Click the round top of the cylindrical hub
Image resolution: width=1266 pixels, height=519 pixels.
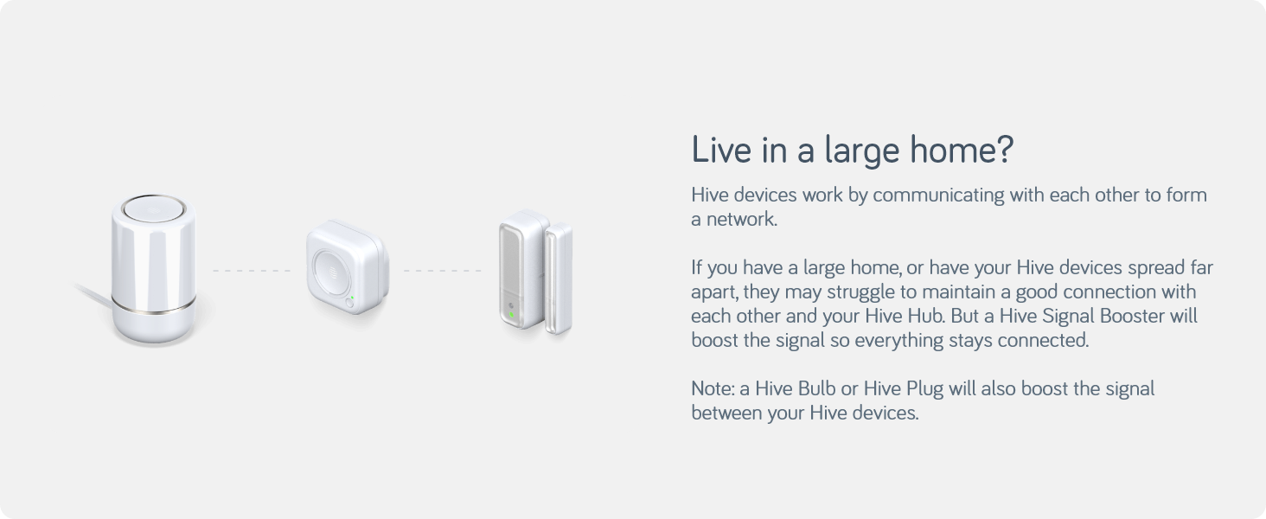click(153, 209)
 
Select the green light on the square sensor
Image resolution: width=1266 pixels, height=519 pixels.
click(351, 298)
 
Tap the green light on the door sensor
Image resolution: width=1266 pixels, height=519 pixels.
click(511, 315)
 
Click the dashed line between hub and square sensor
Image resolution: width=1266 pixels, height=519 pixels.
click(252, 271)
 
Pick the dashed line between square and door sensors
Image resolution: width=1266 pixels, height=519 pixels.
click(442, 271)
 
